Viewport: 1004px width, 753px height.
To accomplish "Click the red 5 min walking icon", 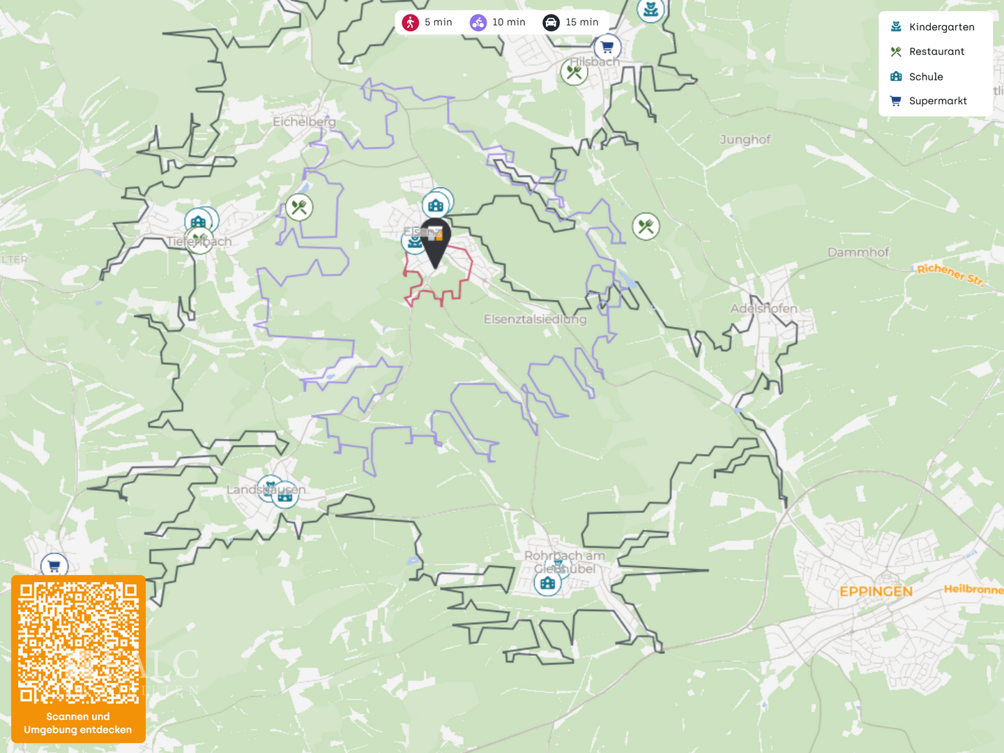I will pos(411,22).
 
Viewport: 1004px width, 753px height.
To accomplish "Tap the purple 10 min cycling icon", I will pos(478,22).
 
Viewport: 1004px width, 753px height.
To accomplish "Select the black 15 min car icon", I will pos(551,22).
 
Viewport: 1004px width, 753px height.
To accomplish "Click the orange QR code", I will pos(78,644).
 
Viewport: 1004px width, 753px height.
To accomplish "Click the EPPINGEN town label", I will pos(876,592).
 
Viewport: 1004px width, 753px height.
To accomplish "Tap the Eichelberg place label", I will pos(304,122).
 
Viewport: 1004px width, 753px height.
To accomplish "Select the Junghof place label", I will pos(745,139).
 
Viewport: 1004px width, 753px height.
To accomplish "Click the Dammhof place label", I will pos(858,252).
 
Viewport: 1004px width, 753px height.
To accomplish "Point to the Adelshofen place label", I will pos(763,308).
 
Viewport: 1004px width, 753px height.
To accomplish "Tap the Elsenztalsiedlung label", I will pos(535,319).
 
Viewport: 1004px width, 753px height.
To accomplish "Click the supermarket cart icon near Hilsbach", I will pos(607,47).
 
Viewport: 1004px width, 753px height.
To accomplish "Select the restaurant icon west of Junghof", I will pos(646,226).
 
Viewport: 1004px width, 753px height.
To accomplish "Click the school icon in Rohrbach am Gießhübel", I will pos(548,583).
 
